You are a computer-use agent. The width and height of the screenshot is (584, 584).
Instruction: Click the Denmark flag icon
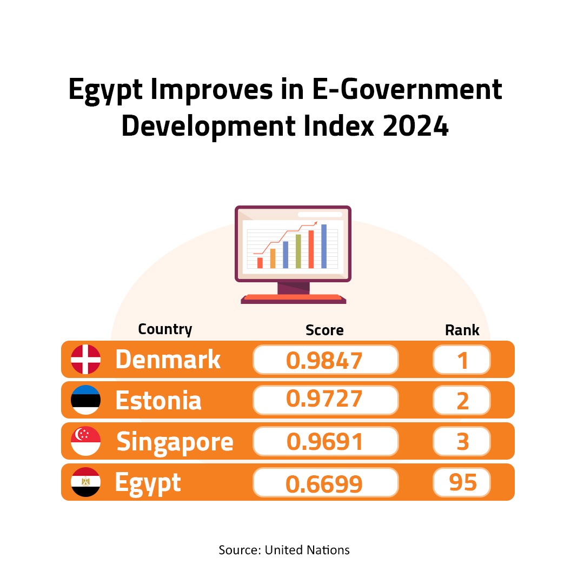pos(85,360)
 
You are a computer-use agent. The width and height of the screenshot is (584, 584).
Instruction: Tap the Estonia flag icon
pos(85,400)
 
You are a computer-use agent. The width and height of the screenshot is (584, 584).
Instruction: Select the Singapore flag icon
pos(85,441)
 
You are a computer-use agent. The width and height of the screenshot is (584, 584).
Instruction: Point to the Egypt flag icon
pos(85,482)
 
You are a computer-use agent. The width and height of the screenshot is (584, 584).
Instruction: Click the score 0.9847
pos(325,360)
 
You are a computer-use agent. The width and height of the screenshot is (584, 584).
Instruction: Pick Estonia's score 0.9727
pos(325,400)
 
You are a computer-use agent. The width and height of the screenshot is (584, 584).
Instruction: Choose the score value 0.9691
pos(325,442)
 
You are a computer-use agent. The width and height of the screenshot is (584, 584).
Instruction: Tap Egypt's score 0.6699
pos(325,483)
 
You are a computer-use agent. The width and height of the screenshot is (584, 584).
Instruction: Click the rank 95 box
pos(462,482)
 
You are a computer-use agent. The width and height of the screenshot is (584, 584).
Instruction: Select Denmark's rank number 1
pos(462,360)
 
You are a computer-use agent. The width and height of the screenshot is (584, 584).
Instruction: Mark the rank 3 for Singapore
pos(462,442)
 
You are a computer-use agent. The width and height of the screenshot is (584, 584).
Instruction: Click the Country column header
pos(165,329)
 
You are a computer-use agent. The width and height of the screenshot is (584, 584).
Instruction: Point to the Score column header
pos(324,330)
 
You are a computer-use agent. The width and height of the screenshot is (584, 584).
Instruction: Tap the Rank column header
pos(462,330)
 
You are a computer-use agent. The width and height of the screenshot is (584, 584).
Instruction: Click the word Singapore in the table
pos(175,442)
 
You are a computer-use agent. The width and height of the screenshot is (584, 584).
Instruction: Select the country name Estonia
pos(158,401)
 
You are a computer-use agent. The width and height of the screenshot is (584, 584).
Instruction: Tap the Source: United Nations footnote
pos(284,550)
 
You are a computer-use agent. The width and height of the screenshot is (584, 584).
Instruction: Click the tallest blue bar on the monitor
pos(324,246)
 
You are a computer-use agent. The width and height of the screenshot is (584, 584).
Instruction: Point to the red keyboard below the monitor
pos(293,297)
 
